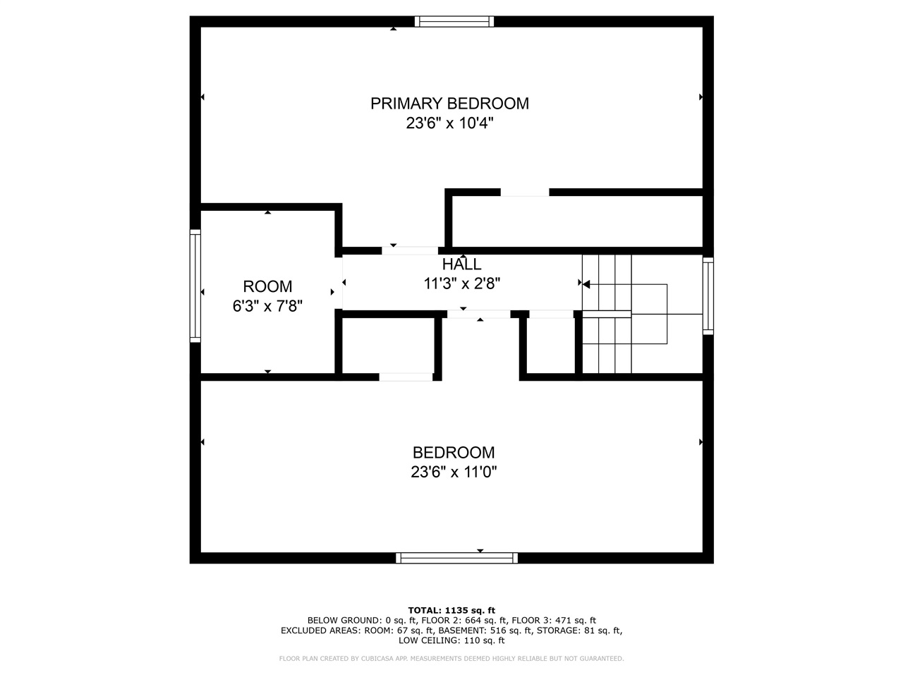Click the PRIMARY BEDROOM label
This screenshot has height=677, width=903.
point(449,104)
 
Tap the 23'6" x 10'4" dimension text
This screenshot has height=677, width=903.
point(449,123)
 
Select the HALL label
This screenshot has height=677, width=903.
point(461,264)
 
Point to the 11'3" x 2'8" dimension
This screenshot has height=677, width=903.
point(462,283)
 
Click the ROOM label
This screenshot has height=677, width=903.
point(267,286)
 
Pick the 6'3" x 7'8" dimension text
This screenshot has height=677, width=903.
point(267,306)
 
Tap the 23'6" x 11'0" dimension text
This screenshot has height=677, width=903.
point(454,472)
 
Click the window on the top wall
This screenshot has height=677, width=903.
point(454,21)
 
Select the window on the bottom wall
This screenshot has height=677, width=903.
point(456,558)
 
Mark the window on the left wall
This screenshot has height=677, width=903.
point(195,286)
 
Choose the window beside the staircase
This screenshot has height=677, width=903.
point(708,296)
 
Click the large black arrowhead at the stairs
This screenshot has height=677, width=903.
point(586,284)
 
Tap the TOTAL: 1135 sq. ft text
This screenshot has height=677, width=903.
point(451,611)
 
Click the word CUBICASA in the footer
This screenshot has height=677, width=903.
point(377,659)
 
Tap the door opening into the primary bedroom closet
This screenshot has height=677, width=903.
point(525,193)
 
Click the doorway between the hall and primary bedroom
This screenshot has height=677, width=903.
point(410,251)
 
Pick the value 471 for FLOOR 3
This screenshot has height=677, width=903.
point(563,621)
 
